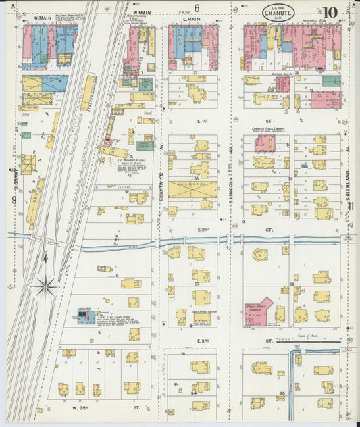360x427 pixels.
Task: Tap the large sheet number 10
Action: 330,12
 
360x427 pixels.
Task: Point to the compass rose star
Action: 45,286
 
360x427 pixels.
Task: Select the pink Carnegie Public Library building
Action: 264,143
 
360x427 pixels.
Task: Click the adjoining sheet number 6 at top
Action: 197,7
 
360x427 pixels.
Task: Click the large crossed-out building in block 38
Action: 192,189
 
